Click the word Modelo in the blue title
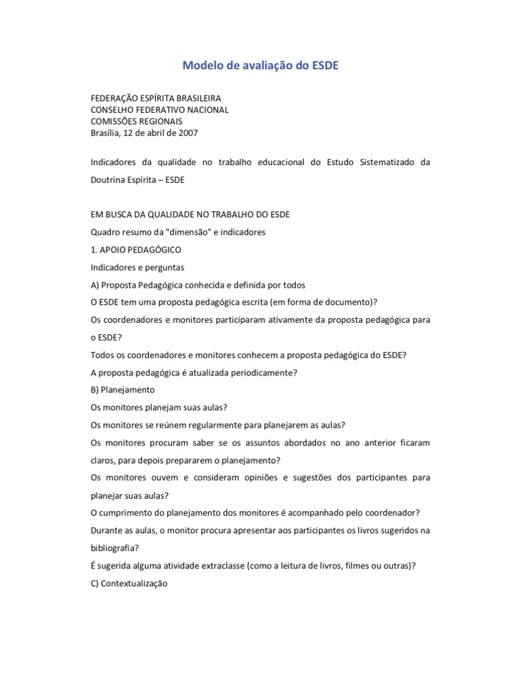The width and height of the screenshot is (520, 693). (x=202, y=66)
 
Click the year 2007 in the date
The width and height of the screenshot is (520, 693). (x=188, y=133)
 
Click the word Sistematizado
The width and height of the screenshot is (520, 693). (x=383, y=162)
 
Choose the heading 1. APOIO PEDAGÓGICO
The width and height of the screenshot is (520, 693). (x=135, y=250)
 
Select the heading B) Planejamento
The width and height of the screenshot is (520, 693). (x=123, y=390)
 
